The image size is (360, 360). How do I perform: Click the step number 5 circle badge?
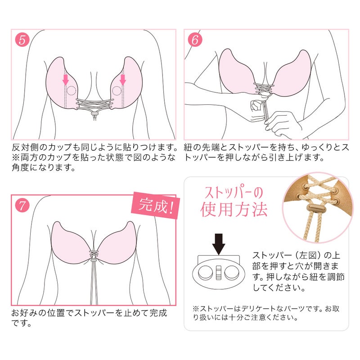click(x=22, y=40)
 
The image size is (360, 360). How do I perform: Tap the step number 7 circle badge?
click(x=22, y=206)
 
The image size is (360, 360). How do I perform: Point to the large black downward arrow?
click(x=219, y=243)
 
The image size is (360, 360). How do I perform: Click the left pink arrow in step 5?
click(x=66, y=80)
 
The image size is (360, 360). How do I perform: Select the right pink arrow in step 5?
click(x=123, y=80)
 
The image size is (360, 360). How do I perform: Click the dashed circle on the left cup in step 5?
click(x=71, y=91)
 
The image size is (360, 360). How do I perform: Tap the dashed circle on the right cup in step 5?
click(x=117, y=91)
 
